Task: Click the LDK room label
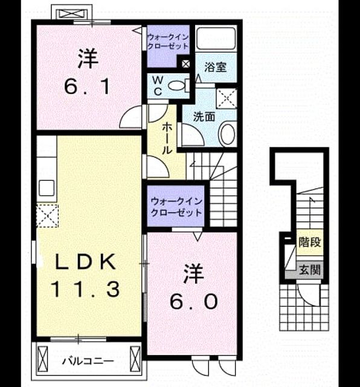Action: pyautogui.click(x=86, y=262)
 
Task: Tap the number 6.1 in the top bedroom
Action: pyautogui.click(x=87, y=87)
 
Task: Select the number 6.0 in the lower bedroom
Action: pyautogui.click(x=194, y=302)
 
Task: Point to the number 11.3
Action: pyautogui.click(x=85, y=289)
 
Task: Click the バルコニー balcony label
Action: pyautogui.click(x=88, y=362)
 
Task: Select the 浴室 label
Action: pyautogui.click(x=216, y=67)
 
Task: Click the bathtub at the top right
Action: pyautogui.click(x=216, y=39)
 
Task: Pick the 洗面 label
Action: pyautogui.click(x=204, y=117)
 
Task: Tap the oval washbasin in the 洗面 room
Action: pyautogui.click(x=228, y=134)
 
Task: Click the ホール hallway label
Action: pyautogui.click(x=167, y=138)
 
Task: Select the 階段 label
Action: pyautogui.click(x=310, y=242)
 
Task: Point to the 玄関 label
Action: pyautogui.click(x=310, y=270)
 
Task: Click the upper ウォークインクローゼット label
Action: pyautogui.click(x=168, y=42)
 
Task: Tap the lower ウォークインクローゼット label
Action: pyautogui.click(x=176, y=207)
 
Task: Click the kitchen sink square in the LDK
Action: pyautogui.click(x=47, y=188)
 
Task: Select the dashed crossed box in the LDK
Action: pyautogui.click(x=47, y=215)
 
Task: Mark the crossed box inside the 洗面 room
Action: pyautogui.click(x=227, y=99)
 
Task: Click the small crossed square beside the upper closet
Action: pyautogui.click(x=185, y=64)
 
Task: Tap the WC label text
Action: pyautogui.click(x=158, y=86)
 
